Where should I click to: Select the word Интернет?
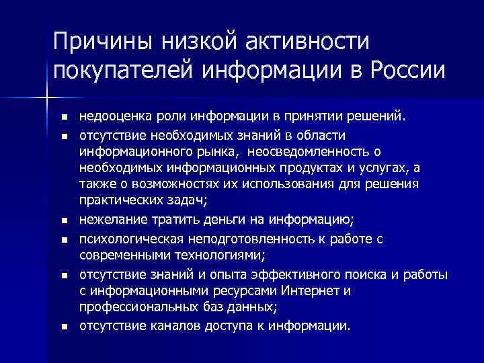pos(313,291)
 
